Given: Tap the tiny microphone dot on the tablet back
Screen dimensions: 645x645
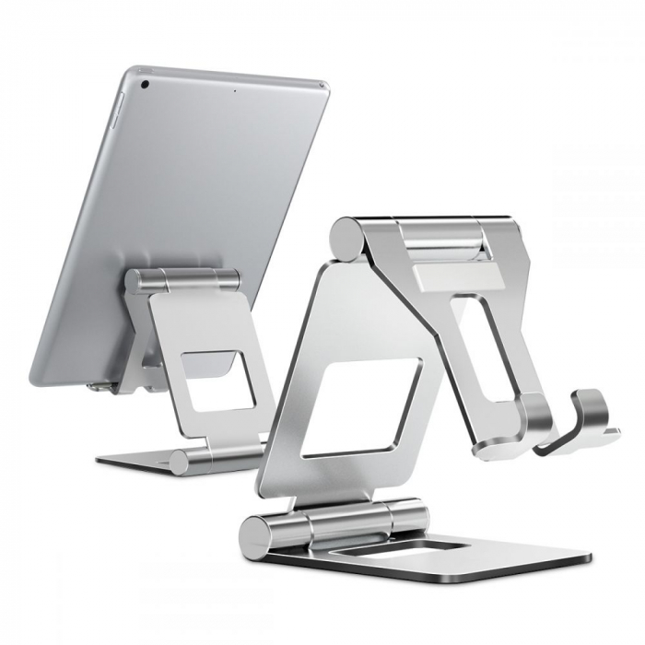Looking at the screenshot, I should [235, 90].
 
